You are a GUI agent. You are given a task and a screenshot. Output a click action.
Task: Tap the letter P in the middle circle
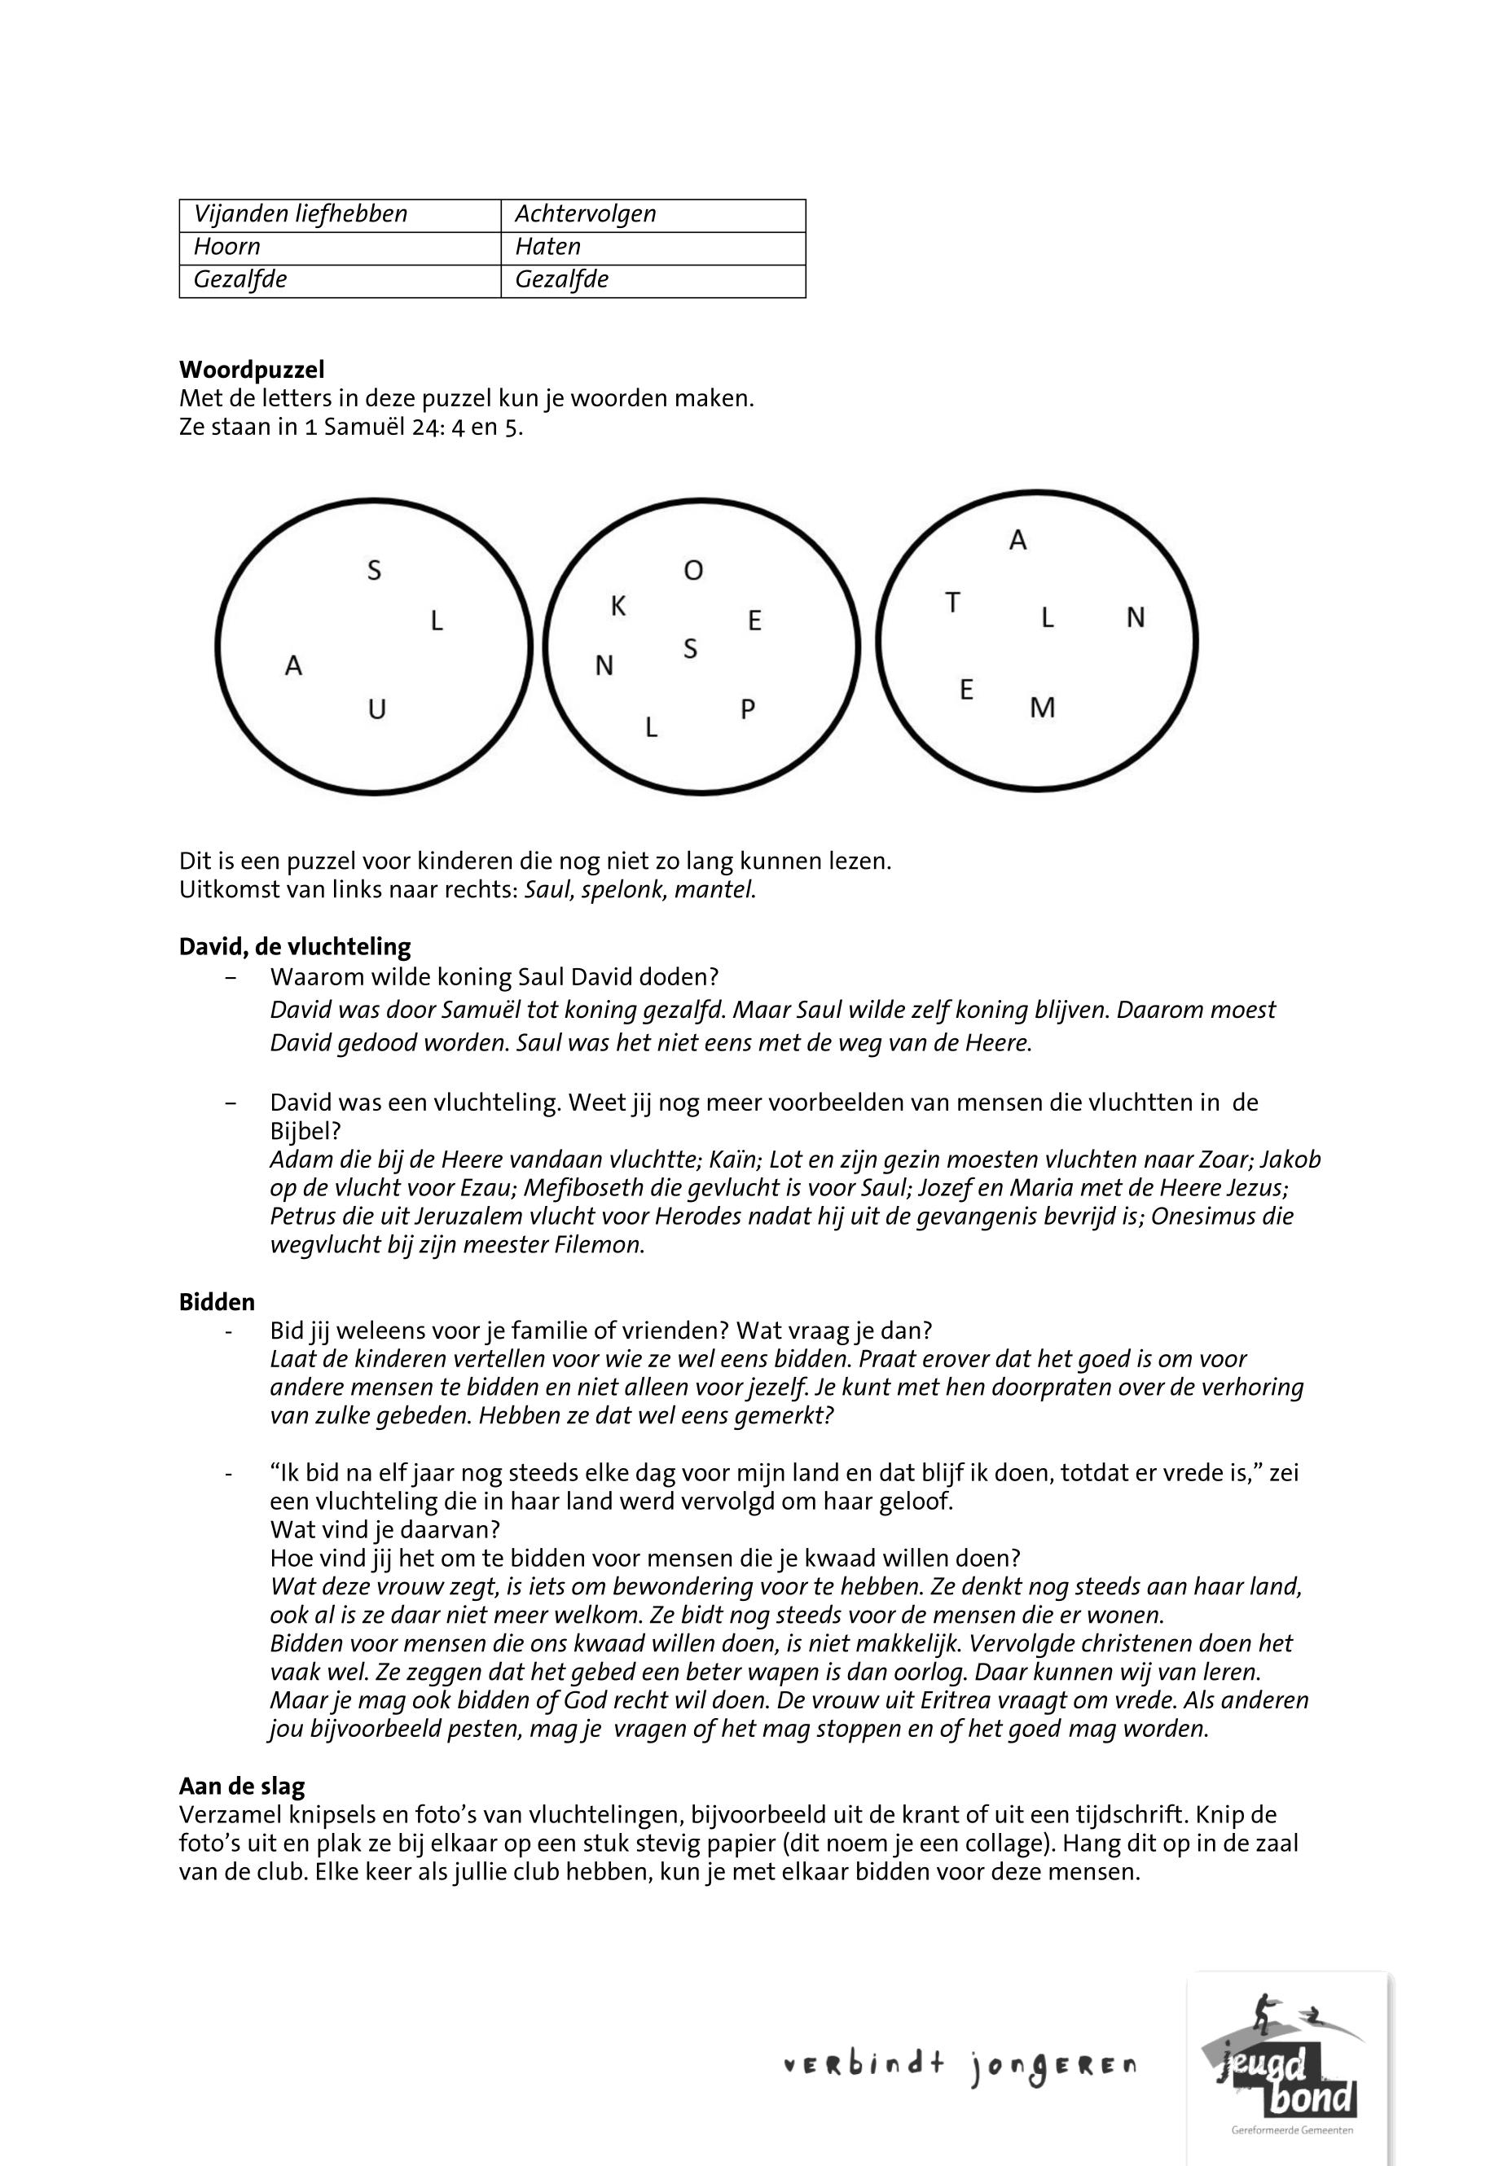748,708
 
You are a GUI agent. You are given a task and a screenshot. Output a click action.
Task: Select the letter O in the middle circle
693,571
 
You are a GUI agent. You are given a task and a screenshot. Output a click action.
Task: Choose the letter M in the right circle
1043,707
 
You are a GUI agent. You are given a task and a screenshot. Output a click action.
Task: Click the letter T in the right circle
953,603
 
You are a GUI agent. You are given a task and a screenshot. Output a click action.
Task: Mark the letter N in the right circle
1136,617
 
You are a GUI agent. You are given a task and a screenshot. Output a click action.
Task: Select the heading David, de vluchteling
295,947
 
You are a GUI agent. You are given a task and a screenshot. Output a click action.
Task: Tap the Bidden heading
217,1303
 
